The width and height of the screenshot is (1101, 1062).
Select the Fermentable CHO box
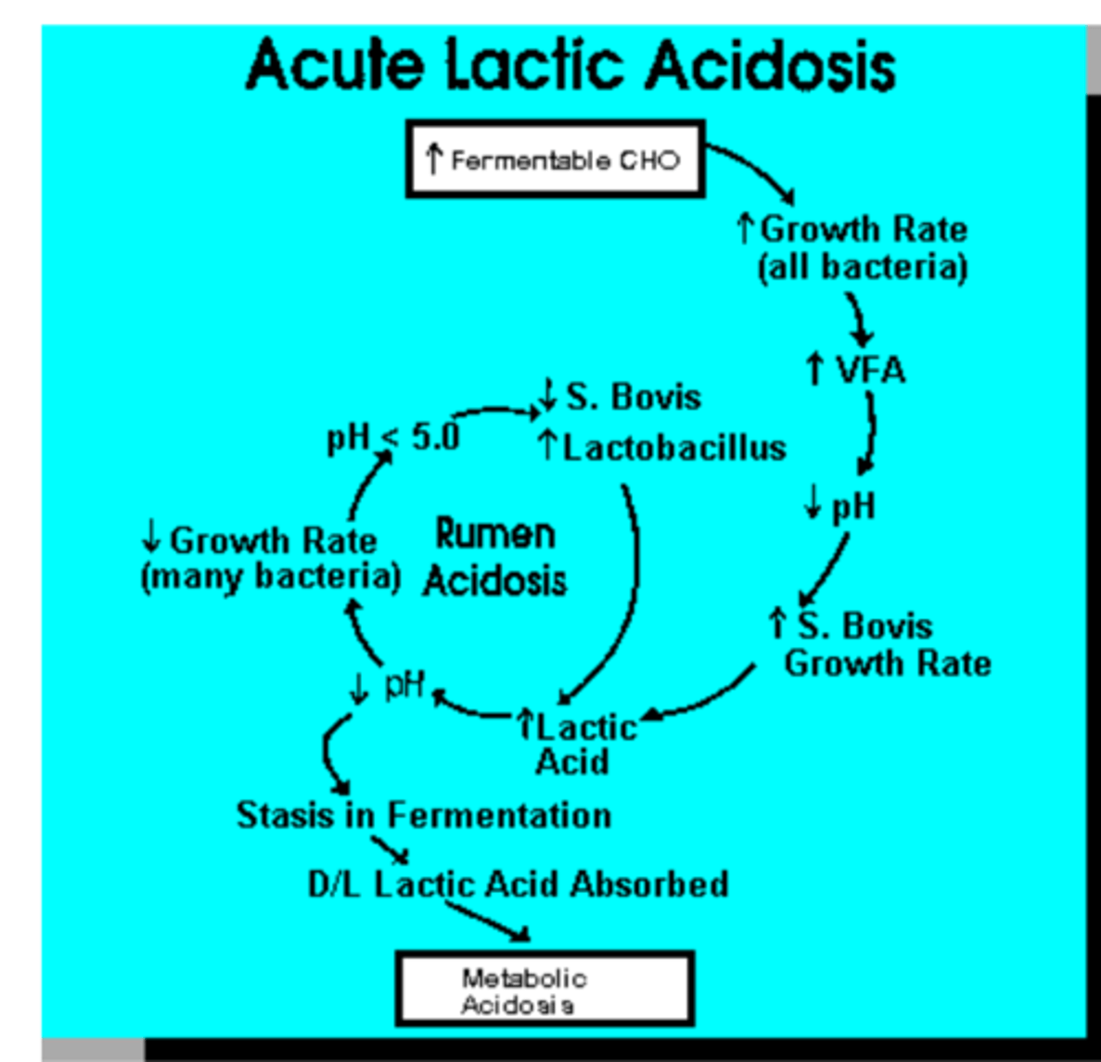tap(555, 160)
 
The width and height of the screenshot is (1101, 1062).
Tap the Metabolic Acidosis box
tap(543, 989)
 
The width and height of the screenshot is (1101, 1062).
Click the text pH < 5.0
tap(393, 436)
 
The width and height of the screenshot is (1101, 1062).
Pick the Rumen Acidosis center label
tap(496, 558)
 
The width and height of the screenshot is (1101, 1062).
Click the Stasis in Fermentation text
tap(423, 815)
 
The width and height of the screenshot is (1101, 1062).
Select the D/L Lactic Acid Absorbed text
tap(518, 884)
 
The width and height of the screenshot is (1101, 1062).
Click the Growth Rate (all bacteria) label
tap(854, 248)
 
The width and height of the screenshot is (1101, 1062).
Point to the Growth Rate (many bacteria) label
tap(270, 558)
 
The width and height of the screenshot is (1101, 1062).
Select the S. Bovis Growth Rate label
tap(881, 644)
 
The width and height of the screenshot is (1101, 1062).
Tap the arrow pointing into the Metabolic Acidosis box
tap(487, 920)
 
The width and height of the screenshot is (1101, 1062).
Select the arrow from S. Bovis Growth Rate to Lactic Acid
tap(708, 699)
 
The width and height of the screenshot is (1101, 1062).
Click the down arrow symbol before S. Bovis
tap(548, 396)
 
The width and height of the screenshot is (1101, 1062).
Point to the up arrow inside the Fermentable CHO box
tap(433, 159)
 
